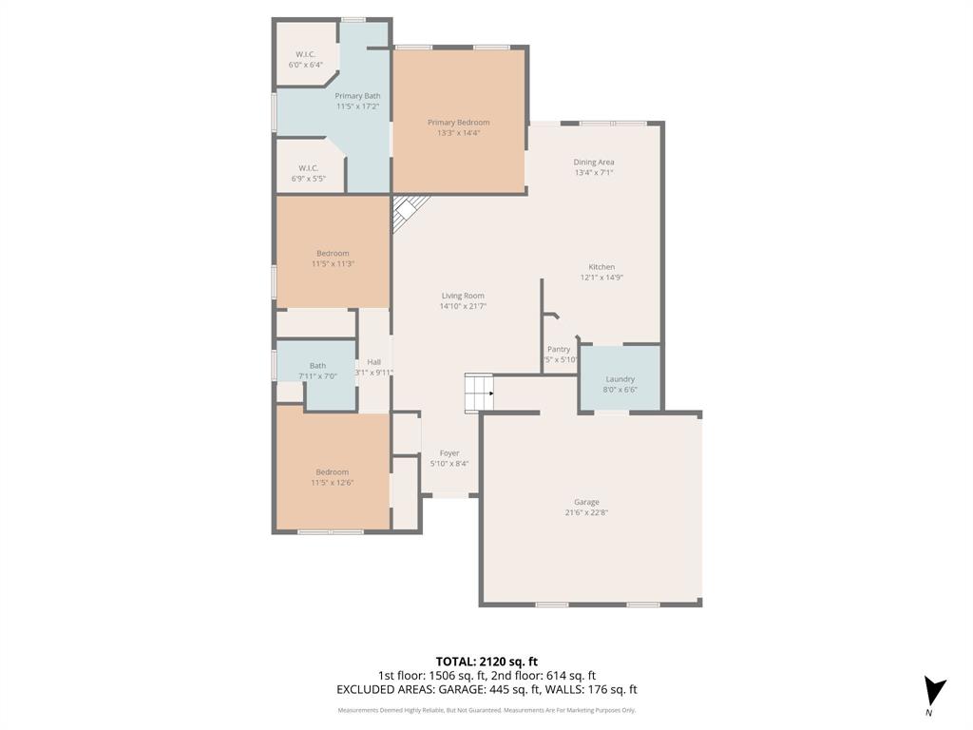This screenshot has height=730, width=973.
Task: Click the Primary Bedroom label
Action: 458,123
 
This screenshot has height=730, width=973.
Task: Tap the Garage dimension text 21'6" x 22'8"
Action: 586,512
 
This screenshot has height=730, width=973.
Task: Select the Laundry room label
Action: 620,379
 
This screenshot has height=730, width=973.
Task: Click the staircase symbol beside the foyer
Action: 479,393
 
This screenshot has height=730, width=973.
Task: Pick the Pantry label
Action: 559,349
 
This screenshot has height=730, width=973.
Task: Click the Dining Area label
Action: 594,163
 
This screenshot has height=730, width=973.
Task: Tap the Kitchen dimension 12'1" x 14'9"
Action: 601,278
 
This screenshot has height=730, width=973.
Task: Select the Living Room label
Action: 463,296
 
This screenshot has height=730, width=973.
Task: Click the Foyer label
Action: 449,453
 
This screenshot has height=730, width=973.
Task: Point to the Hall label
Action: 373,362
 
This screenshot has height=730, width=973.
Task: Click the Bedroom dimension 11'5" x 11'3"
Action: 333,264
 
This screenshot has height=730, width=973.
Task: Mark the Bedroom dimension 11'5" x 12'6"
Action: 333,483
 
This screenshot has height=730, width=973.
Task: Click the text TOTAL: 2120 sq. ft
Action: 486,662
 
